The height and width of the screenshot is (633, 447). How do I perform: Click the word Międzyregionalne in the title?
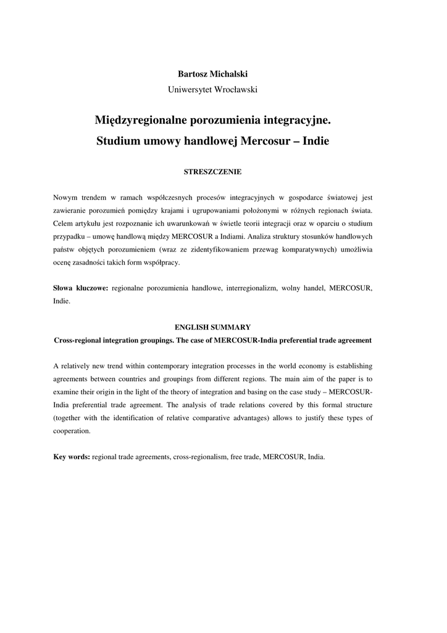tap(146, 119)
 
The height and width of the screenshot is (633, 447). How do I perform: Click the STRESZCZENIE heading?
tap(212, 171)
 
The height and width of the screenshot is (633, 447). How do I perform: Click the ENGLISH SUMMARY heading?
tap(212, 327)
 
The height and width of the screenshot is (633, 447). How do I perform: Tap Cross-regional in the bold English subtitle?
tap(79, 340)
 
